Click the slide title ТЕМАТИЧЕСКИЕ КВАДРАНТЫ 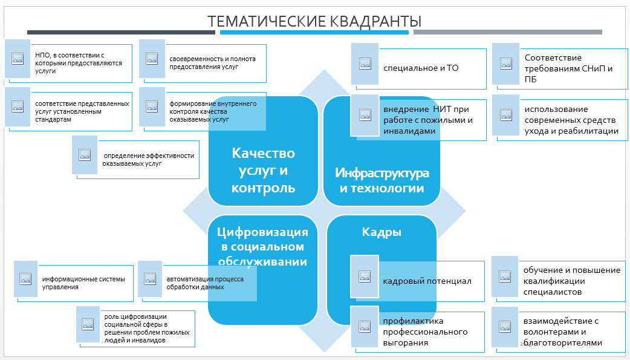coord(314,21)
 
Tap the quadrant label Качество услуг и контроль coord(263,171)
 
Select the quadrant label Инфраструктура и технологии coord(382,180)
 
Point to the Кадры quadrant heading coord(382,232)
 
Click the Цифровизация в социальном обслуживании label coord(262,247)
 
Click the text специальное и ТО coord(421,68)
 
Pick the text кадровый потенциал coord(427,281)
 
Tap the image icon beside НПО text coord(18,59)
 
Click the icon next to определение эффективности coord(85,155)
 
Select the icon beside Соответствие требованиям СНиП coord(506,64)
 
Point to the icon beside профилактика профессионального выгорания coord(365,327)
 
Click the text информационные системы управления coord(83,283)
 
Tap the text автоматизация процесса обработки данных coord(205,283)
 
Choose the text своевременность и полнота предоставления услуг coord(212,63)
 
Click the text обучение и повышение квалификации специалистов coord(572,281)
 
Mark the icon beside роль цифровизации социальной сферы coord(88,324)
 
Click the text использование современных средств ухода coord(571,120)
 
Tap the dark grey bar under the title coord(121,33)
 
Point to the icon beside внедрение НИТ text coord(365,115)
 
